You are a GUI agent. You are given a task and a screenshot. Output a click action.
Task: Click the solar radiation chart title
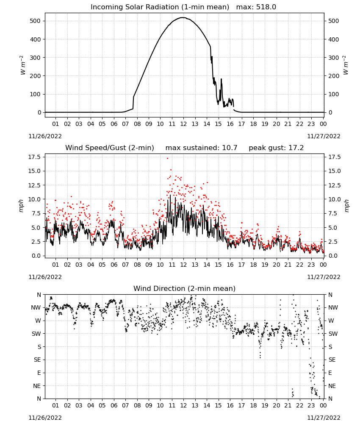pyautogui.click(x=183, y=7)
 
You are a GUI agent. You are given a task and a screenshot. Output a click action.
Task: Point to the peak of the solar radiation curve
pyautogui.click(x=183, y=17)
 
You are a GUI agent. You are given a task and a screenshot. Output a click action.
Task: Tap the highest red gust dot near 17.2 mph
pyautogui.click(x=167, y=159)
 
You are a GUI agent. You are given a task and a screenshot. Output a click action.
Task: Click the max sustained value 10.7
pyautogui.click(x=230, y=148)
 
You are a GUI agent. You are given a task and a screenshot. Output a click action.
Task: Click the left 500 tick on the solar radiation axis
pyautogui.click(x=36, y=21)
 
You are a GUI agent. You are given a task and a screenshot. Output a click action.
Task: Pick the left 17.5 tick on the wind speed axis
pyautogui.click(x=35, y=157)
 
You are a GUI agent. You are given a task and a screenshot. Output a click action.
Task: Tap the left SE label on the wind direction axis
pyautogui.click(x=37, y=360)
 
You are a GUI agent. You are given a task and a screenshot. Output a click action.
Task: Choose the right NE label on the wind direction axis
pyautogui.click(x=332, y=386)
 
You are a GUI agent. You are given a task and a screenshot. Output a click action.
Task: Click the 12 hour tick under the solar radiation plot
pyautogui.click(x=183, y=124)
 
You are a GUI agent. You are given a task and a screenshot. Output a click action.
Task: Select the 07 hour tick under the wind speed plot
pyautogui.click(x=125, y=265)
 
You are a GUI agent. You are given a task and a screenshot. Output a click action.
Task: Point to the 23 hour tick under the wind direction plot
pyautogui.click(x=311, y=406)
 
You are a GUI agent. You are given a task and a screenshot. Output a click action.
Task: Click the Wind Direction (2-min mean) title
pyautogui.click(x=185, y=289)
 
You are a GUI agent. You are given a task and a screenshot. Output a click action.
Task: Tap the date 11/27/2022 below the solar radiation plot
pyautogui.click(x=324, y=136)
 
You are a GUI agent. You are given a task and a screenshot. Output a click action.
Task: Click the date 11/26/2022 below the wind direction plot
pyautogui.click(x=45, y=418)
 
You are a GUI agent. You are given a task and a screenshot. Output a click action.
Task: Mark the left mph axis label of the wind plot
pyautogui.click(x=21, y=206)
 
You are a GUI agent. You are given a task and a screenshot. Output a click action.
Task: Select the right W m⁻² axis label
pyautogui.click(x=346, y=65)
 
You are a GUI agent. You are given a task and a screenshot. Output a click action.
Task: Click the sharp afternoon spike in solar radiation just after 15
pyautogui.click(x=221, y=79)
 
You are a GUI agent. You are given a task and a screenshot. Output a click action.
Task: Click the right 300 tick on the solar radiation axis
pyautogui.click(x=334, y=58)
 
